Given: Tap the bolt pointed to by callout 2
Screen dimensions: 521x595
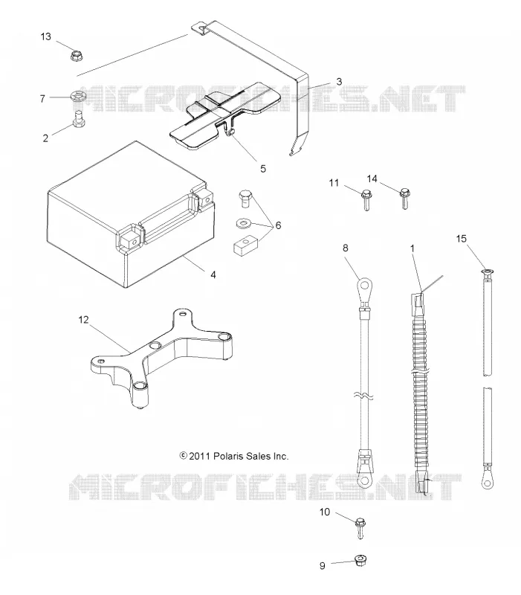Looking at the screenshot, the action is coord(79,118).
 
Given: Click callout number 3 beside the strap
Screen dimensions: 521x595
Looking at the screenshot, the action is coord(339,82).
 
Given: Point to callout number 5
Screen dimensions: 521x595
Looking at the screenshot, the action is coord(263,169).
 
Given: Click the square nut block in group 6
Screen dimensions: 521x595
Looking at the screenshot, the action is coord(245,245).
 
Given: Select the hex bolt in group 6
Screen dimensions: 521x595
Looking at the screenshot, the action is coord(246,199).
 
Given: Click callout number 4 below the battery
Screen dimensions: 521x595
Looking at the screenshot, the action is coord(213,274).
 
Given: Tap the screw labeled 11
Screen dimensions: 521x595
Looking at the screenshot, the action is coord(366,199).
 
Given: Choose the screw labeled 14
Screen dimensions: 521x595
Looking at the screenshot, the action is coord(404,198).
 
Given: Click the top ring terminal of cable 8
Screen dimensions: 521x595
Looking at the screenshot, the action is coord(365,284).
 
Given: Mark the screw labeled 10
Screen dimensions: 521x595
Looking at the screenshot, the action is coord(360,529).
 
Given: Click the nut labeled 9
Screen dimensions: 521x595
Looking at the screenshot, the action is coord(360,561).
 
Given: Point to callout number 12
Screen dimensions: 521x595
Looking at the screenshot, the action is coord(83,320).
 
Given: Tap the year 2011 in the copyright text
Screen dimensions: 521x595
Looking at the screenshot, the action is coord(199,456).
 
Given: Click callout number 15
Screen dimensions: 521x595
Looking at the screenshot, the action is coord(461,238).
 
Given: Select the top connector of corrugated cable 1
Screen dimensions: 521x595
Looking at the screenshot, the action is coord(416,303).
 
